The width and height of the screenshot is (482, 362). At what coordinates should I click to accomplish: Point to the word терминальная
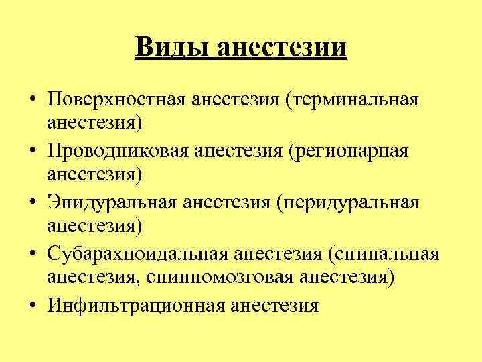click(352, 101)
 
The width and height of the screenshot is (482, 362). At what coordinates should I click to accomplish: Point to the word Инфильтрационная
click(135, 306)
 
